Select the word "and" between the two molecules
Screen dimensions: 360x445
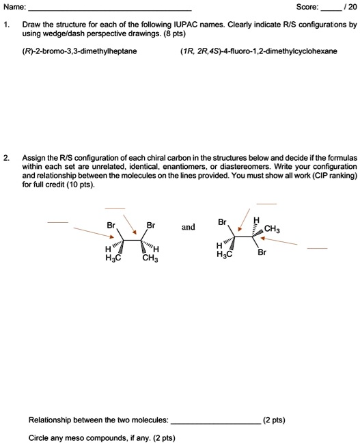(189, 226)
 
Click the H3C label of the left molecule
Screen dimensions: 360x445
(113, 258)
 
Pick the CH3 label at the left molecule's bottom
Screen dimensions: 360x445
(150, 258)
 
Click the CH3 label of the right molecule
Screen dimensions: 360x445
(272, 230)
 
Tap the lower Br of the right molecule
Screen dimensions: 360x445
(262, 252)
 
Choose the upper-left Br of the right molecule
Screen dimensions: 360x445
(222, 222)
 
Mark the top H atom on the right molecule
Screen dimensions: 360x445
(256, 219)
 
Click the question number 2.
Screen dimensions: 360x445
(6, 158)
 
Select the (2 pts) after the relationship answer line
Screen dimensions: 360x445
(275, 420)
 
